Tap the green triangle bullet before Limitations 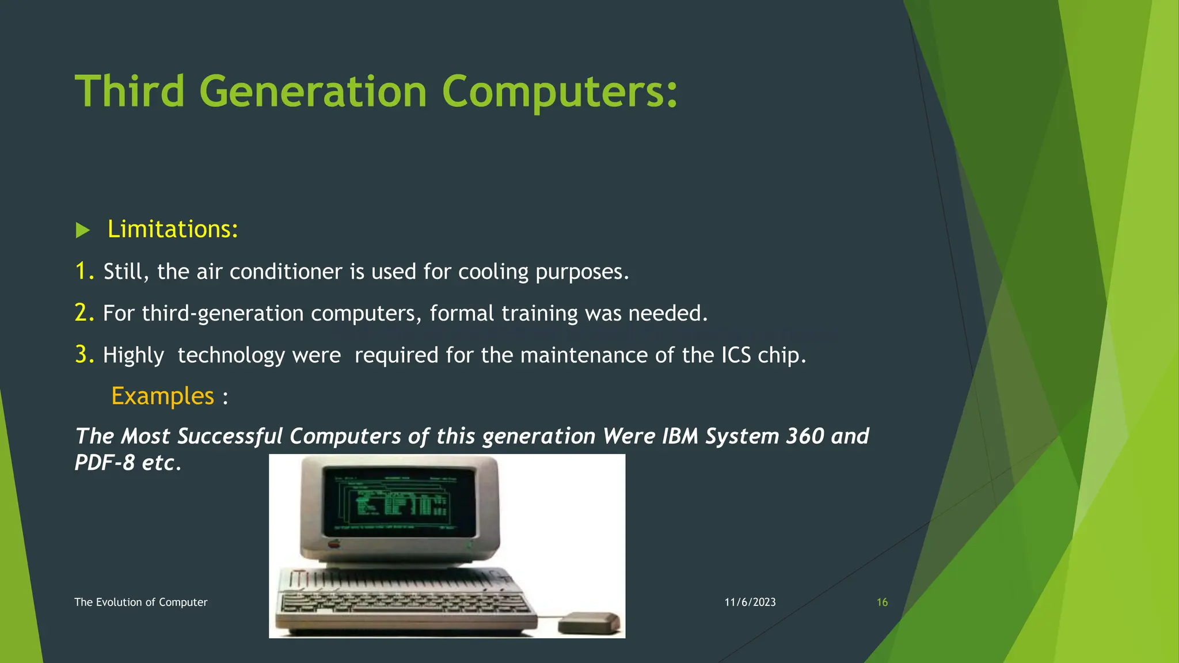coord(83,231)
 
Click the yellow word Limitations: coord(173,229)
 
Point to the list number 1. coord(83,271)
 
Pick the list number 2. coord(83,313)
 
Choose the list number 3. coord(83,355)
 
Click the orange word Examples coord(162,396)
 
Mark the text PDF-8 coord(104,463)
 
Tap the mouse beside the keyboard coord(589,623)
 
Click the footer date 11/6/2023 coord(750,603)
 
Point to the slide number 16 coord(882,603)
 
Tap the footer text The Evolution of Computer coord(140,603)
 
